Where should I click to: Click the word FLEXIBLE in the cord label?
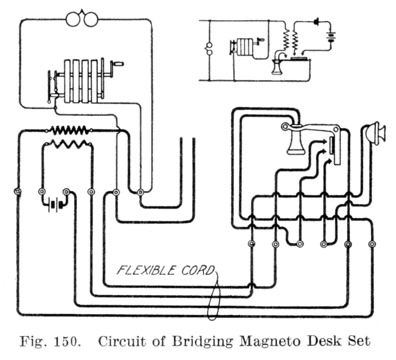click(146, 272)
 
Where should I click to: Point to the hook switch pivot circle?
click(286, 126)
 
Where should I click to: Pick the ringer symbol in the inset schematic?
click(207, 52)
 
